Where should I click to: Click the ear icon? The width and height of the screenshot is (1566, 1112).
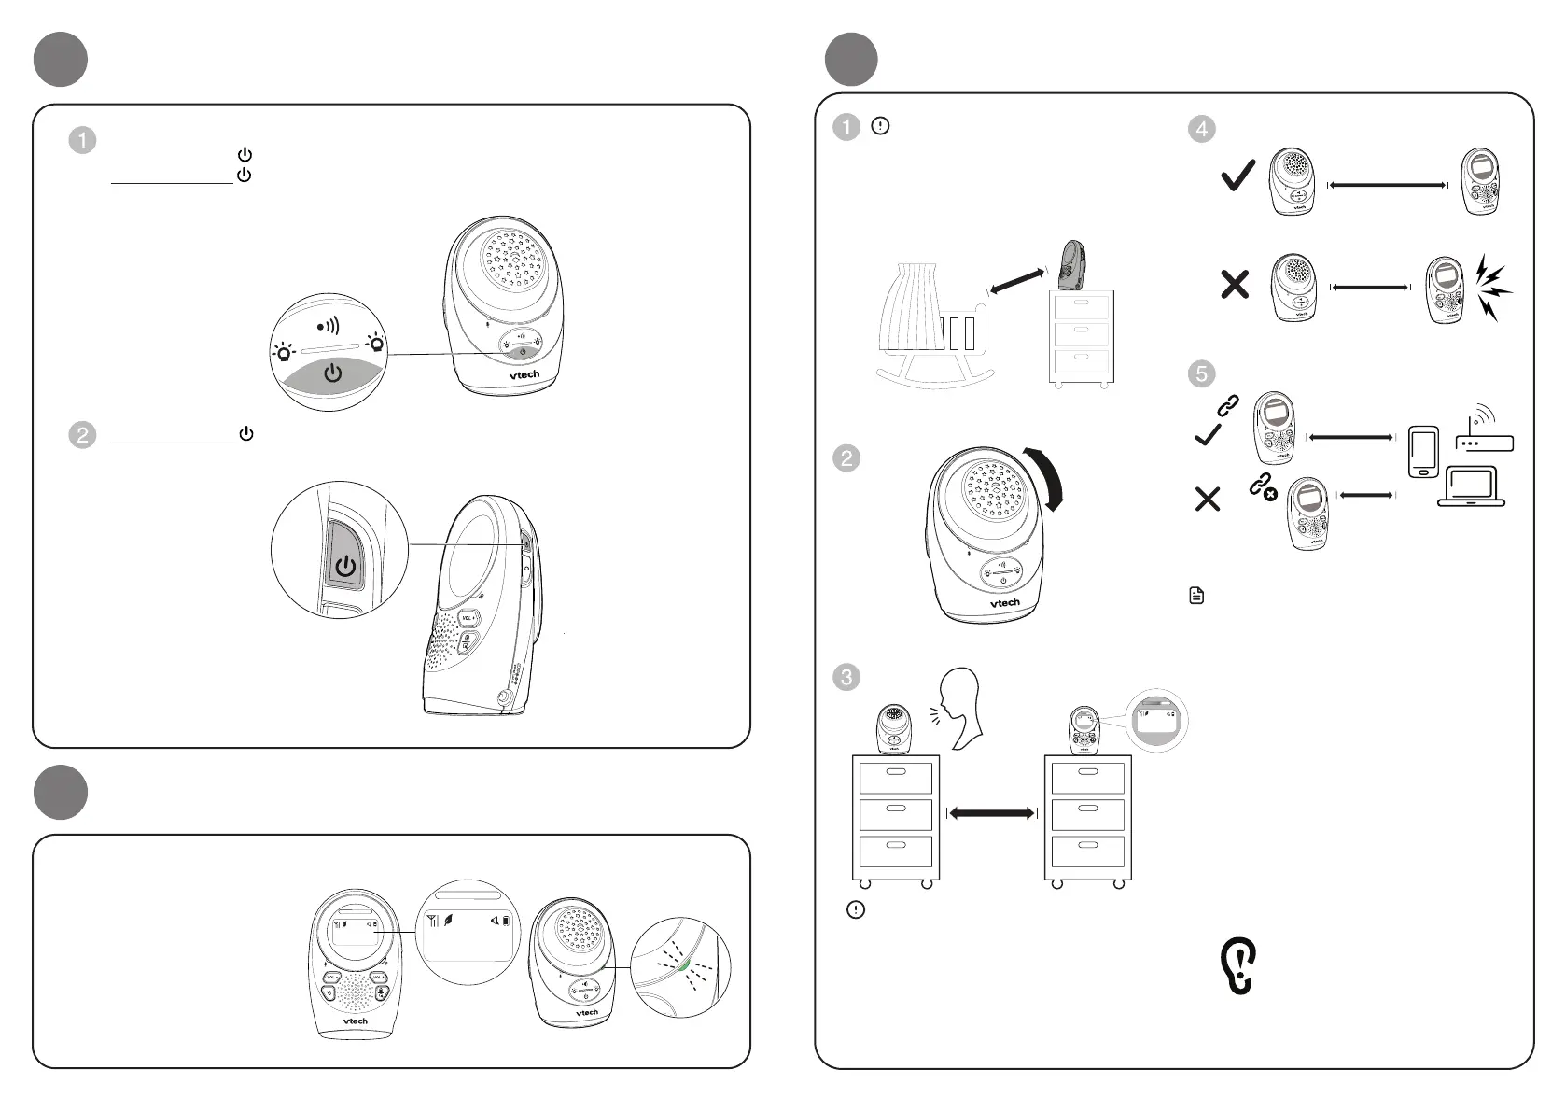[1239, 966]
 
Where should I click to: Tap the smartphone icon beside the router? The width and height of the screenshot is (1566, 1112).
[1423, 452]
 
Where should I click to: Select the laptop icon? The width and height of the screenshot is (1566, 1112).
[1471, 486]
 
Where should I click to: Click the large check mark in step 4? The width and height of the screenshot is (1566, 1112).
[1237, 176]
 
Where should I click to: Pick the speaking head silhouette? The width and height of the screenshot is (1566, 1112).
[961, 707]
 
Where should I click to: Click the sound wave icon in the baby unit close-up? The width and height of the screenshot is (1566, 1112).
[328, 326]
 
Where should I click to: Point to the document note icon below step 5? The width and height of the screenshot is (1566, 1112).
[1197, 596]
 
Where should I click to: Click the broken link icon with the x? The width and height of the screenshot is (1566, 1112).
[1263, 486]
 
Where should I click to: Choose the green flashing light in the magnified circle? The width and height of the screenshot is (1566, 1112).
[686, 965]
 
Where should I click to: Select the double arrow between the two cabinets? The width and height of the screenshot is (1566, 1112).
[991, 813]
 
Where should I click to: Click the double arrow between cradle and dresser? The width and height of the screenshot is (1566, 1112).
[1015, 281]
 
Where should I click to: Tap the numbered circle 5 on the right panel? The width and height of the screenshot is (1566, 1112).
[1201, 374]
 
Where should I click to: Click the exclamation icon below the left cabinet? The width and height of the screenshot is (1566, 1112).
[855, 909]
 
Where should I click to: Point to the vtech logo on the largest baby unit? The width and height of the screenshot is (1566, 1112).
[524, 374]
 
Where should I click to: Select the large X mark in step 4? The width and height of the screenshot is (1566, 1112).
[1235, 284]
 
